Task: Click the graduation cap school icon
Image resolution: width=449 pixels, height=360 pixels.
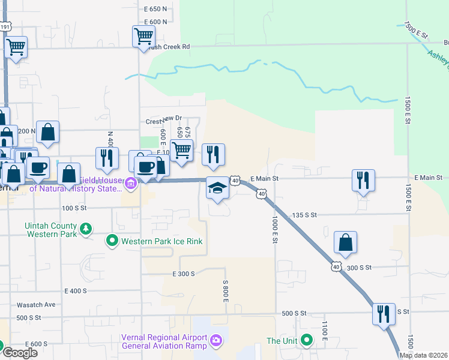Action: point(217,188)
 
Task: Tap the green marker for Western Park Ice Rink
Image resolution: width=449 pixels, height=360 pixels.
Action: point(112,241)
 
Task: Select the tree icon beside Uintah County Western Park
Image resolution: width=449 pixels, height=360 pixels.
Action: point(86,229)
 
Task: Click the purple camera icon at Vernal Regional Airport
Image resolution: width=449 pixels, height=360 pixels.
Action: point(216,342)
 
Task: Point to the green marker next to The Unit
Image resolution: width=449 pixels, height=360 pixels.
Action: point(307,341)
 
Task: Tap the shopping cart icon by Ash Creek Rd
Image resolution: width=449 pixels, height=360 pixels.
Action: point(143,37)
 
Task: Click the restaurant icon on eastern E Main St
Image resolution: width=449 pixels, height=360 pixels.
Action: point(363,180)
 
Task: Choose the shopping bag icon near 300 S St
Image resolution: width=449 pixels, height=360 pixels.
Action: point(345,242)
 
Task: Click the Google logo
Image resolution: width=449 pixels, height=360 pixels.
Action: point(20,353)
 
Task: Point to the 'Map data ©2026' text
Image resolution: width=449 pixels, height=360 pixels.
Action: point(424,355)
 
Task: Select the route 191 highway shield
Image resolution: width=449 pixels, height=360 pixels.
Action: point(5,27)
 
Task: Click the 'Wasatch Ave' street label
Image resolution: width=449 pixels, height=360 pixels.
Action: point(36,305)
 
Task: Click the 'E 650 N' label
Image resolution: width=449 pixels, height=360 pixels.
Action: point(155,9)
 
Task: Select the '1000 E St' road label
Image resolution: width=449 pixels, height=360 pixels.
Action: point(275,229)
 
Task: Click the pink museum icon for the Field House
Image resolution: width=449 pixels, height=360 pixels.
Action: point(131,183)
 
